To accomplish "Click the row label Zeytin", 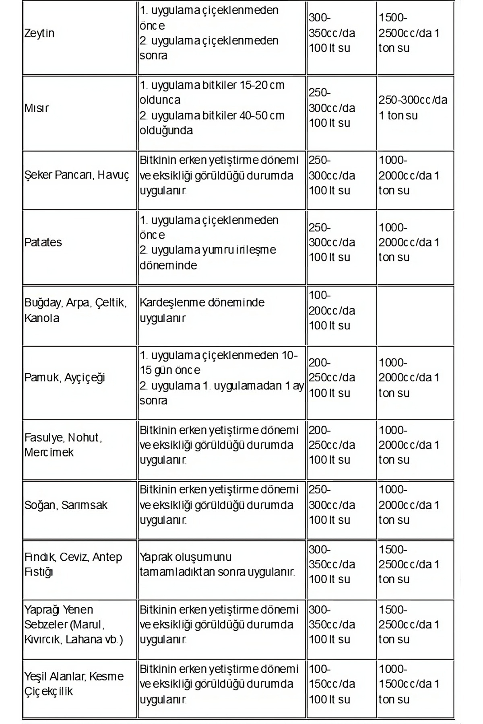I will tap(39, 33).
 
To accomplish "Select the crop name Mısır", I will tap(37, 108).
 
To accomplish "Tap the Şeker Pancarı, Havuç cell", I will tap(77, 175).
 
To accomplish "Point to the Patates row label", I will tap(43, 243).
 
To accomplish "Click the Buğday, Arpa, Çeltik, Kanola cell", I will tap(76, 310).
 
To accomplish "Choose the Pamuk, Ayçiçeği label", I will tap(65, 378).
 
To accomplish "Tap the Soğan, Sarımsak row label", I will tap(66, 505).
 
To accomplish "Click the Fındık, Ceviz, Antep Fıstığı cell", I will tap(73, 564).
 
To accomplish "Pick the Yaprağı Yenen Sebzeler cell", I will tap(74, 625).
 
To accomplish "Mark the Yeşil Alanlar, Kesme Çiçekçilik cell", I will tap(74, 684).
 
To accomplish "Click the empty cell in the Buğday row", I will tap(415, 315).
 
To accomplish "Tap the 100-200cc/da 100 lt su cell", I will tap(332, 311).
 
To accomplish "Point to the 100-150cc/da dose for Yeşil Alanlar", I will tap(332, 684).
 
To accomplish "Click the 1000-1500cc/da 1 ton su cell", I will tap(409, 684).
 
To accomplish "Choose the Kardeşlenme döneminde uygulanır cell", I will tap(202, 310).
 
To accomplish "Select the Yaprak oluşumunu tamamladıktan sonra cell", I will tap(217, 564).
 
